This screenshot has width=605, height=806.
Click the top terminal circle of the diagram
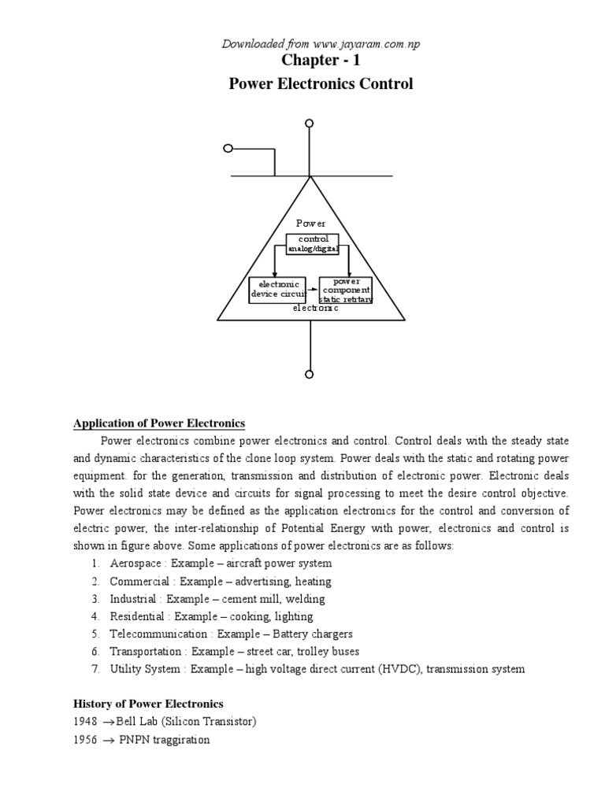(x=310, y=124)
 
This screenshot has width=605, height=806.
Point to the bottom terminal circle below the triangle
(x=310, y=374)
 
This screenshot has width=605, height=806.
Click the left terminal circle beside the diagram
(x=228, y=149)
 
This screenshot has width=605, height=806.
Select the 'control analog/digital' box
(x=313, y=243)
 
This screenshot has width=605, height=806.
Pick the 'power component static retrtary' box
(x=345, y=290)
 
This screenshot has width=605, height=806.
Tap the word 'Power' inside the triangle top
(x=310, y=224)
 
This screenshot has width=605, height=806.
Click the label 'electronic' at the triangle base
(x=315, y=309)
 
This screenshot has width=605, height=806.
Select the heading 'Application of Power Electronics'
(x=159, y=423)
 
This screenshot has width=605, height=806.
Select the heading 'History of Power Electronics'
(x=148, y=704)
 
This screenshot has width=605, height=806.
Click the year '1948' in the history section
(x=86, y=722)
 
